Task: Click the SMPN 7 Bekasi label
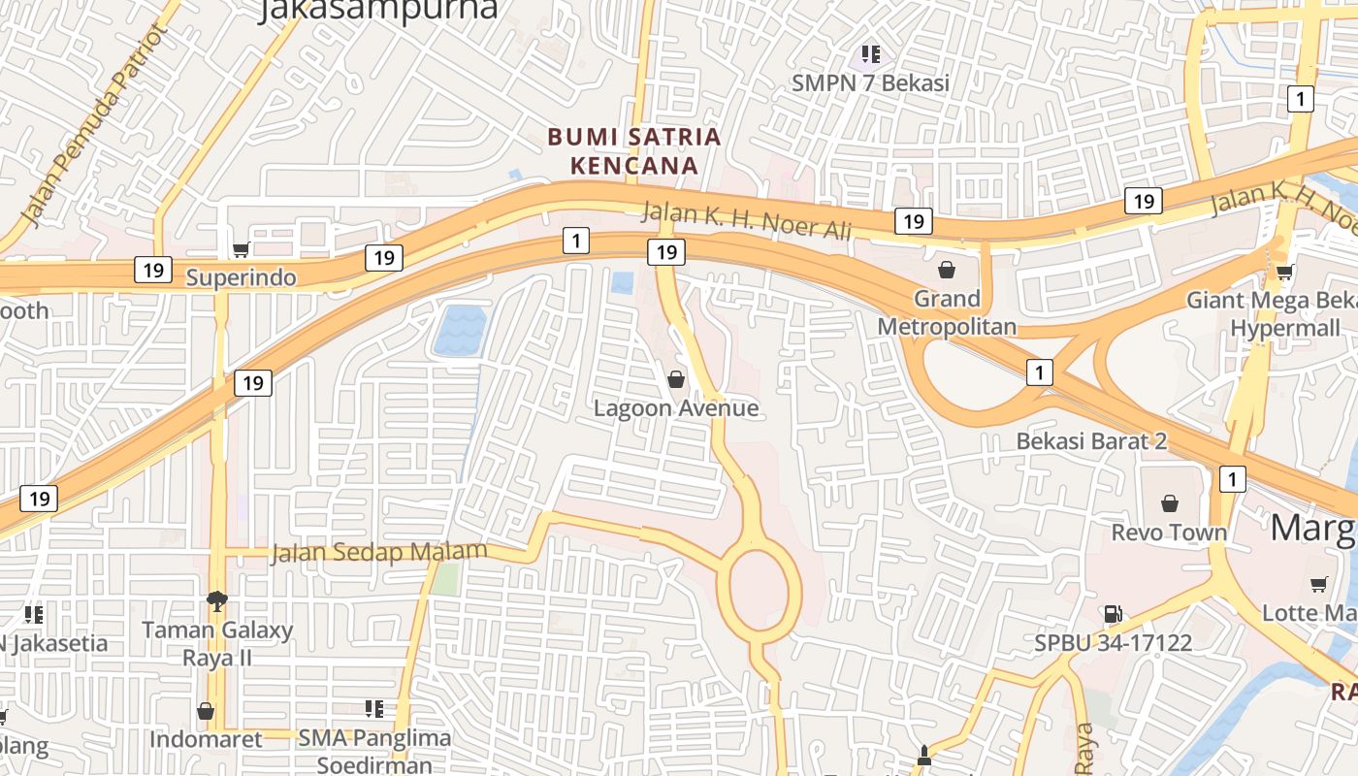(870, 83)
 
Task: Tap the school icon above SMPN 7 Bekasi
(870, 54)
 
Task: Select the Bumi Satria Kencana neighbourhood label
(634, 150)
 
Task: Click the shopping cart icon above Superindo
(241, 249)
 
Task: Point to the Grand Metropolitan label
(947, 312)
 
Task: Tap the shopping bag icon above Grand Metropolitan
(947, 270)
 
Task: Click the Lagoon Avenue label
(676, 408)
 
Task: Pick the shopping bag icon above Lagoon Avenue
(676, 378)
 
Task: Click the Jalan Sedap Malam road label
(378, 553)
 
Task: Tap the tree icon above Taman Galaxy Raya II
(217, 601)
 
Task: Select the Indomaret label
(206, 739)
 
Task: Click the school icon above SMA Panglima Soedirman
(374, 709)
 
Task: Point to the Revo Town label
(1169, 533)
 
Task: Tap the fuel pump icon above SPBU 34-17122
(1113, 613)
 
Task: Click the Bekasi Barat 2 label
(1091, 441)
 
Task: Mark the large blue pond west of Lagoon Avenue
(459, 330)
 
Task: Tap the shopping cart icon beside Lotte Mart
(1318, 584)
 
